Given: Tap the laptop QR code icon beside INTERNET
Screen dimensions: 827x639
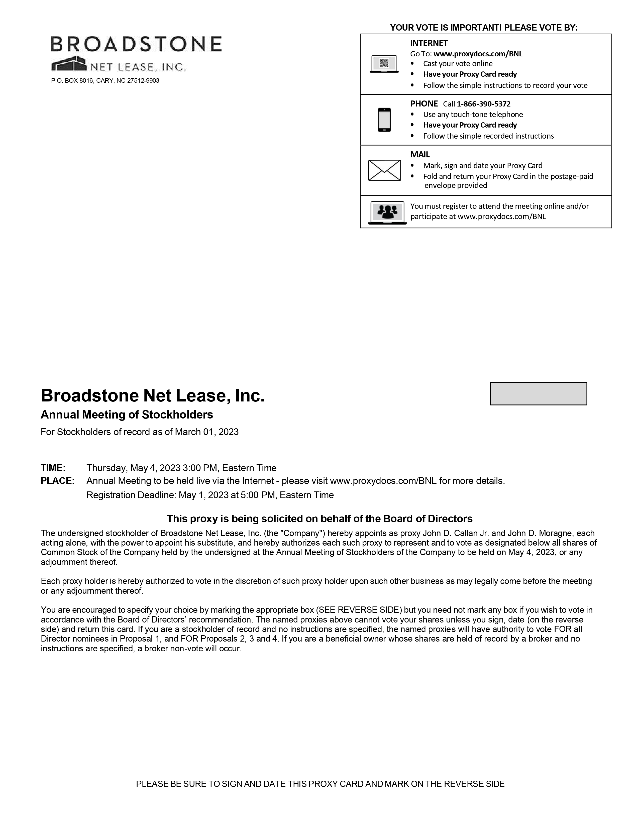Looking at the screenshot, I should [384, 64].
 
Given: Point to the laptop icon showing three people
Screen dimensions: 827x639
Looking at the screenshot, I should [387, 213].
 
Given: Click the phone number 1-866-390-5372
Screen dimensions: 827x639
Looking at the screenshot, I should [483, 104].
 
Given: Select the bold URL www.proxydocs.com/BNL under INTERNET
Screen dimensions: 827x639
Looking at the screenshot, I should [478, 54].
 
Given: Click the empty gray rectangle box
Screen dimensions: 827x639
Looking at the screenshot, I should [538, 393].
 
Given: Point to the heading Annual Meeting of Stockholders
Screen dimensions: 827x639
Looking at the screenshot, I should [127, 415].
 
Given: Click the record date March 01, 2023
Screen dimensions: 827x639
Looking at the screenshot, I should [206, 432].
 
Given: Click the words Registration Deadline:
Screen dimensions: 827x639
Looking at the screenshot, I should [131, 495].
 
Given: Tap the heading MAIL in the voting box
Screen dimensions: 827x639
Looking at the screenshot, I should [420, 154].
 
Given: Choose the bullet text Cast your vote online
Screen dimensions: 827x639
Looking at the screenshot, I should [458, 64].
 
